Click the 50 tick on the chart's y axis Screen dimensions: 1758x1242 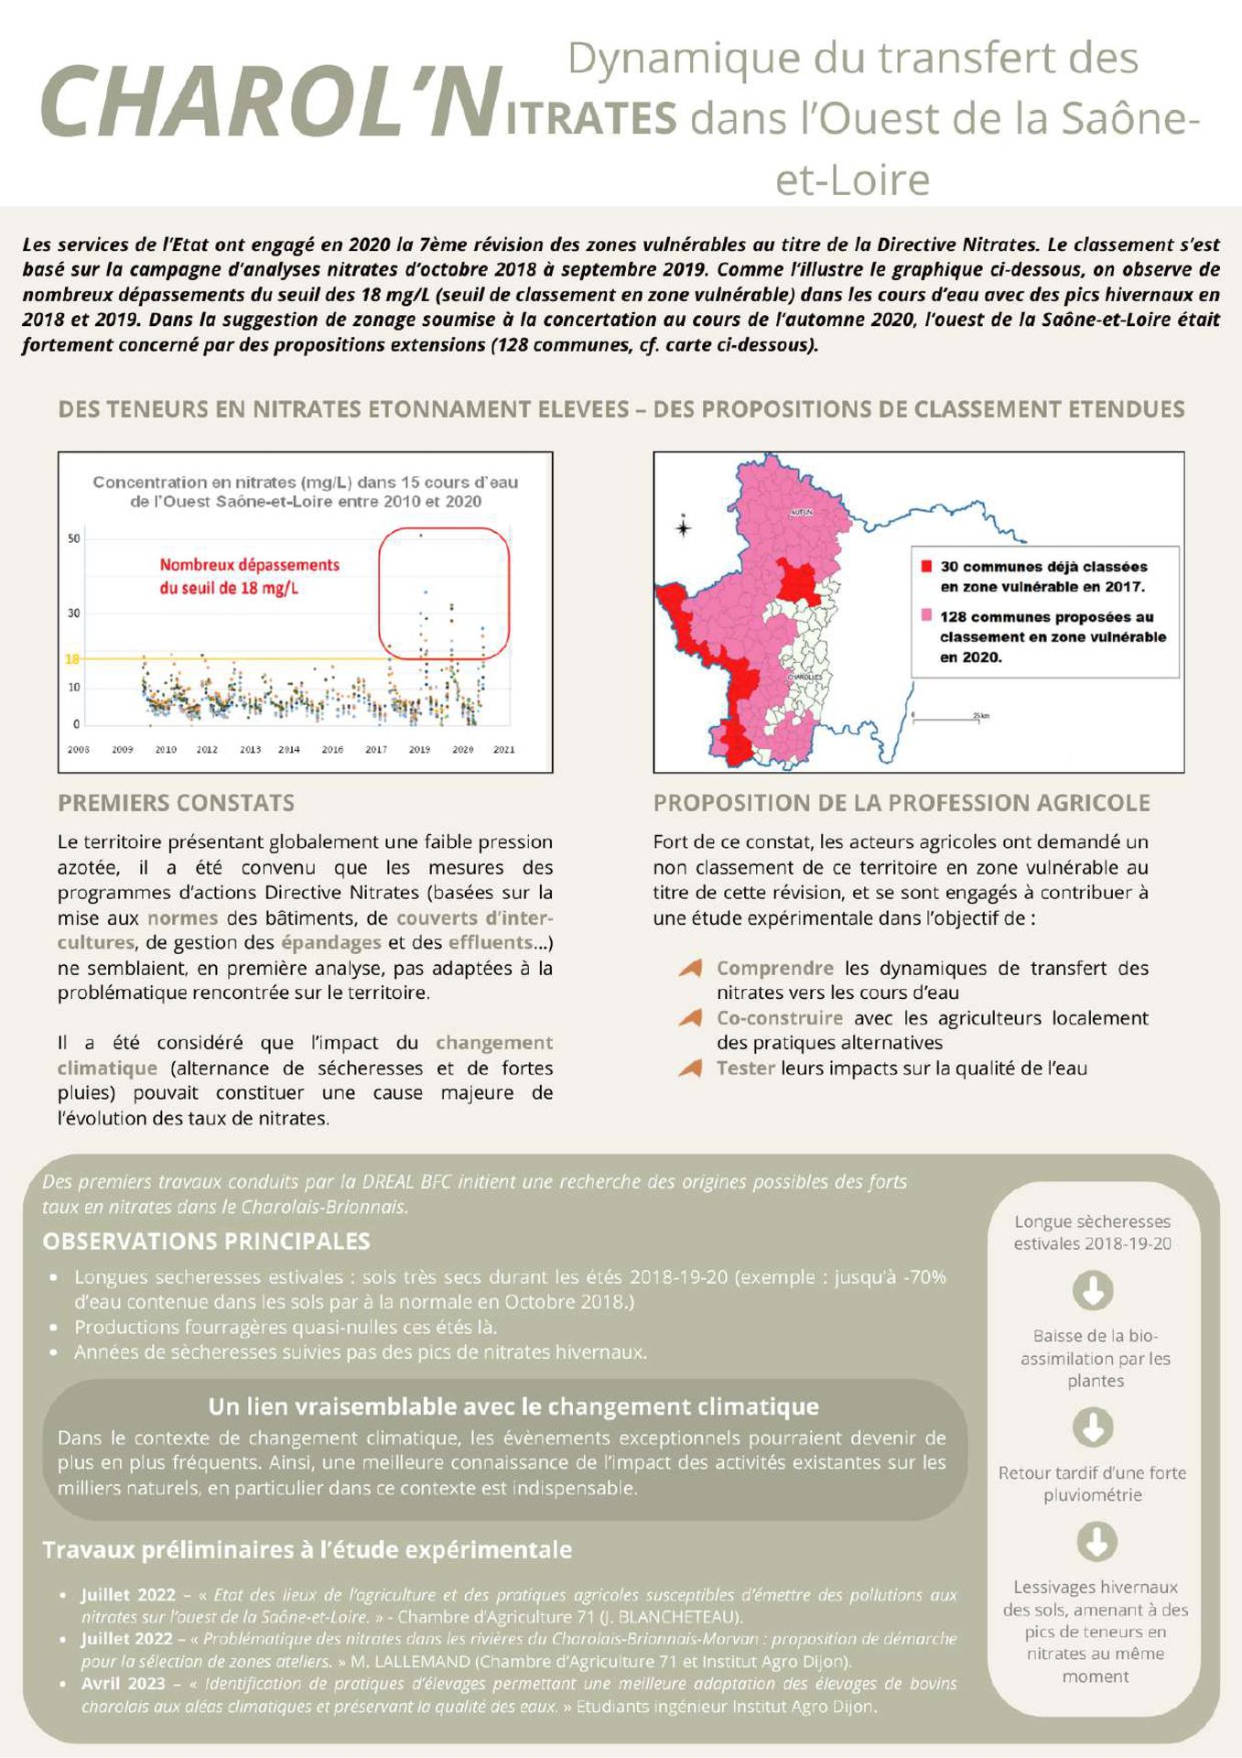click(x=74, y=538)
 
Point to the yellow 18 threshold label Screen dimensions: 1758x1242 click(x=72, y=658)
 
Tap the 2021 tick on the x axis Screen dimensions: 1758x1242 click(x=503, y=749)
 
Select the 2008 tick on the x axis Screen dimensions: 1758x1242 click(x=79, y=749)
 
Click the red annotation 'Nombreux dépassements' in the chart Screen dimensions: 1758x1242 click(x=249, y=566)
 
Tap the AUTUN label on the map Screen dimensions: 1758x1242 click(x=801, y=513)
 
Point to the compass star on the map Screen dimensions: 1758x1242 click(x=683, y=527)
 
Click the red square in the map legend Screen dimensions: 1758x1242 click(x=926, y=566)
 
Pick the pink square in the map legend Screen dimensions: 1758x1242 click(x=926, y=614)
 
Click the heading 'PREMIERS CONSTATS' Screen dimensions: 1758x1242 click(x=176, y=803)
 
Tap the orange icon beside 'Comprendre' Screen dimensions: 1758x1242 click(x=691, y=968)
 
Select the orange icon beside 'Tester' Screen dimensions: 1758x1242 click(x=691, y=1068)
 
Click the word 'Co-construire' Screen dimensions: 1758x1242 click(x=779, y=1017)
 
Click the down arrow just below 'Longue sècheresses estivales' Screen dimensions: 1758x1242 click(x=1093, y=1290)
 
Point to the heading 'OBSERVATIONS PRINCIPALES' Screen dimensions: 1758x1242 click(x=206, y=1242)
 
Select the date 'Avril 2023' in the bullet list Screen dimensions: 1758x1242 click(x=124, y=1683)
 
